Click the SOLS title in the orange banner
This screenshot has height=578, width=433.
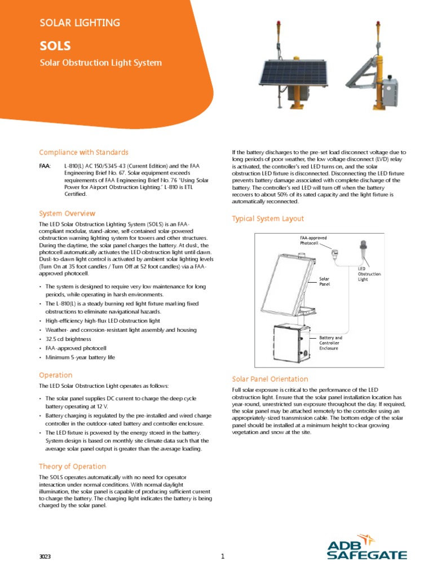click(x=55, y=46)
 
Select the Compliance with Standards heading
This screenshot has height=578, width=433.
click(x=83, y=152)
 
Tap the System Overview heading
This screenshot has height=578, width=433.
click(x=67, y=213)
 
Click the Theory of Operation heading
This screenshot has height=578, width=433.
click(x=72, y=466)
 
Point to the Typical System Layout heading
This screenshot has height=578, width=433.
click(x=268, y=218)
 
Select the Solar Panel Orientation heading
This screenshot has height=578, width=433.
click(x=270, y=379)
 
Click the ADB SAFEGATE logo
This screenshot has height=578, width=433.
click(x=366, y=547)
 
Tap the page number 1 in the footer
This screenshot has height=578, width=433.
click(x=222, y=556)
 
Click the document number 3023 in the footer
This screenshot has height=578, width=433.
click(x=45, y=557)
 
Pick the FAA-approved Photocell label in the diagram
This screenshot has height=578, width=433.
click(x=313, y=240)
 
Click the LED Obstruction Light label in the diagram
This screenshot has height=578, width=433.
click(x=369, y=274)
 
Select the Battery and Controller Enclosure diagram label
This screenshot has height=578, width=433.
click(x=330, y=343)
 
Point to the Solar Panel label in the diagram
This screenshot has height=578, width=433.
click(x=324, y=281)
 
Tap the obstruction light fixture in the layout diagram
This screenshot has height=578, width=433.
click(x=363, y=250)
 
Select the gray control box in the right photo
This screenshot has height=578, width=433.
click(x=391, y=91)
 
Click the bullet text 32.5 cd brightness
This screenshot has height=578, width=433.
click(x=68, y=339)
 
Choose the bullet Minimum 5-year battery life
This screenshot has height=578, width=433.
click(x=80, y=357)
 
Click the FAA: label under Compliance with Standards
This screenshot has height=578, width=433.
click(x=45, y=166)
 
